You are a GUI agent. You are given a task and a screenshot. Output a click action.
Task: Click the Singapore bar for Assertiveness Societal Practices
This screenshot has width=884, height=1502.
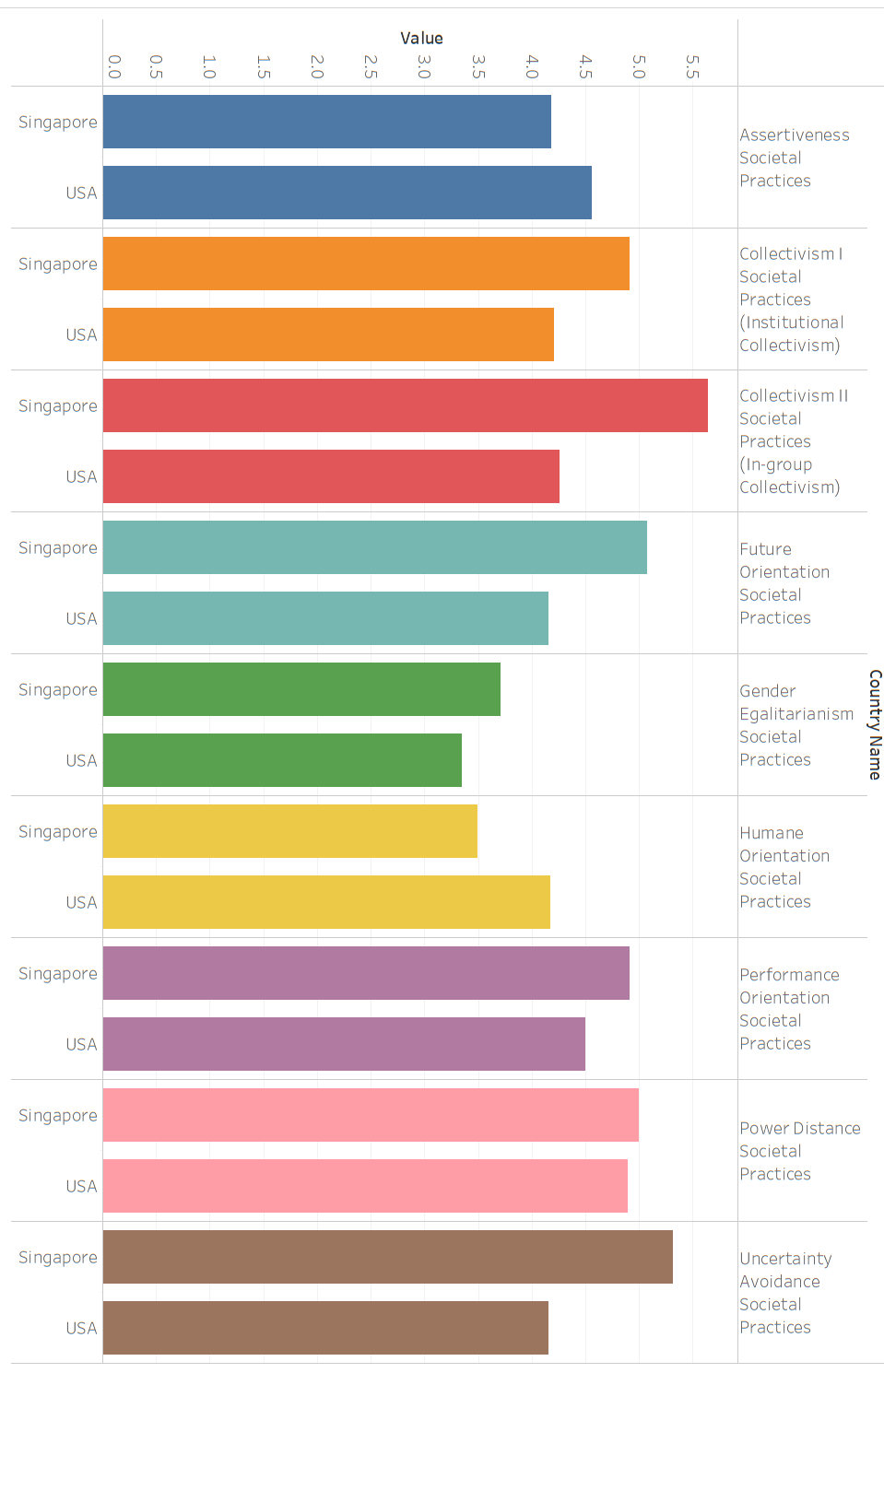[326, 122]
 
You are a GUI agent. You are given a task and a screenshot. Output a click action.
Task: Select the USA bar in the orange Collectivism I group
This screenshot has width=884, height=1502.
[328, 334]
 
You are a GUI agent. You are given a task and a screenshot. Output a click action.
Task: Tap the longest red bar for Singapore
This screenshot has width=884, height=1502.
[405, 405]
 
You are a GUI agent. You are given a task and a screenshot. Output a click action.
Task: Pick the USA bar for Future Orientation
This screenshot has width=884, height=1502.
[325, 618]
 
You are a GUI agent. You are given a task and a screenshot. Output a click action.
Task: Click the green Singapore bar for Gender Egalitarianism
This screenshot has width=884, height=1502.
[301, 689]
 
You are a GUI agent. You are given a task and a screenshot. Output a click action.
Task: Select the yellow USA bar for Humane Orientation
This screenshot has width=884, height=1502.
[326, 902]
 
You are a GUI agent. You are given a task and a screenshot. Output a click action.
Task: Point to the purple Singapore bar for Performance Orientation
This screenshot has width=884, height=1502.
[366, 973]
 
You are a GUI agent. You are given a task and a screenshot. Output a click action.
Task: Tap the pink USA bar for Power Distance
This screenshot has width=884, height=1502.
[365, 1186]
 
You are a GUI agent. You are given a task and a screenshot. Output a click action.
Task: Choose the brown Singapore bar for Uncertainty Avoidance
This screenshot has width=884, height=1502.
[387, 1257]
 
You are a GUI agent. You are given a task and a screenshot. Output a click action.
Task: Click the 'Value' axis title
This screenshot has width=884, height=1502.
[421, 38]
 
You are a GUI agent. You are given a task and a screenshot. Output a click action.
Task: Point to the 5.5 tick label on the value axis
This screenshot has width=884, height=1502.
[692, 66]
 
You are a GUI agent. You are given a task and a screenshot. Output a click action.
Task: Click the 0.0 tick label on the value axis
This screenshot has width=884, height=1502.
[114, 66]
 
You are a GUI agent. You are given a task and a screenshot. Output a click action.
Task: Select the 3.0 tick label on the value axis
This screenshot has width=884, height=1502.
[424, 66]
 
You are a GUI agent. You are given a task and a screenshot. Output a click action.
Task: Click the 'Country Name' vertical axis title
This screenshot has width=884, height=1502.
[875, 724]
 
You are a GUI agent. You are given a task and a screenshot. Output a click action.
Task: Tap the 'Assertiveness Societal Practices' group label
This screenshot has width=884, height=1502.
[794, 158]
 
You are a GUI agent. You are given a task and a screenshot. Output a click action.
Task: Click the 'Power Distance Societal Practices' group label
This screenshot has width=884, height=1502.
[799, 1151]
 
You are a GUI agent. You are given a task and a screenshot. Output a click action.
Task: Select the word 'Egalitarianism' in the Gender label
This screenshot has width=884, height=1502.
[796, 714]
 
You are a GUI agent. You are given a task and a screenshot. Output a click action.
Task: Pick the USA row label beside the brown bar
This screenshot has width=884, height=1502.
[81, 1328]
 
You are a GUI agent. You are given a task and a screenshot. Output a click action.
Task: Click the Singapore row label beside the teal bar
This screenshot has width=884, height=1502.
[58, 547]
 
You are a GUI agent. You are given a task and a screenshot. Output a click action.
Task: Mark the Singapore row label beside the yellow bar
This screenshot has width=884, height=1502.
[58, 831]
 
